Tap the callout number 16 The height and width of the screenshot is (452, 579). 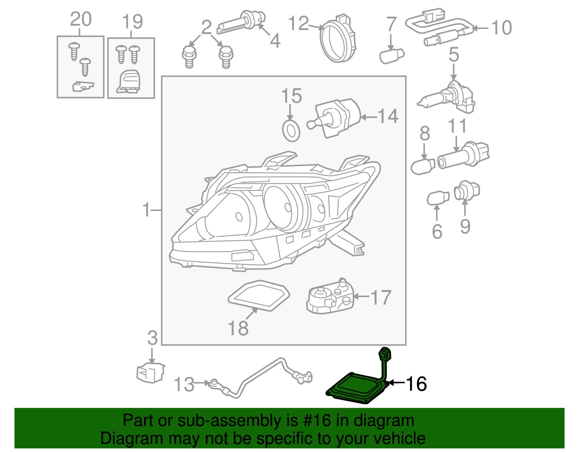tap(416, 384)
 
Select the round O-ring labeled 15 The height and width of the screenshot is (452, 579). tap(291, 131)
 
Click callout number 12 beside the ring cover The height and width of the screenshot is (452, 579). tap(299, 24)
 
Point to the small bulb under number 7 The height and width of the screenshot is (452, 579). tap(391, 56)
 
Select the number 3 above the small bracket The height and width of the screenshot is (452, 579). tap(152, 338)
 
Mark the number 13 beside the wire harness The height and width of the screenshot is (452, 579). tap(184, 384)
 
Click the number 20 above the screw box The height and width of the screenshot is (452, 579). tap(80, 19)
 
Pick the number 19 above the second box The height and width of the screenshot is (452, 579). tap(132, 22)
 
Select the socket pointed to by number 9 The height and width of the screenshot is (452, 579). tap(467, 191)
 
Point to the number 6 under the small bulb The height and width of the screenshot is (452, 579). tap(437, 232)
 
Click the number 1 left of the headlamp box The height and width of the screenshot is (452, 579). tap(146, 210)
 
